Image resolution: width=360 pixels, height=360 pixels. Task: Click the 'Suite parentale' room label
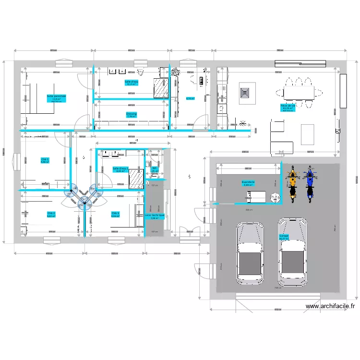tap(56, 96)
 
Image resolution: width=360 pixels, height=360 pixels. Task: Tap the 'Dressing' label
tap(132, 114)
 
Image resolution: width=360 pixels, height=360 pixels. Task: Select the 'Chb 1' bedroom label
tap(45, 159)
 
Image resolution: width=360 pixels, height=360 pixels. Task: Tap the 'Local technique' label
tap(155, 216)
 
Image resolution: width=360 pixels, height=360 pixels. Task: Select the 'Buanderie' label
tap(248, 182)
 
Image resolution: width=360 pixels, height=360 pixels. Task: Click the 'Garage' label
tap(284, 236)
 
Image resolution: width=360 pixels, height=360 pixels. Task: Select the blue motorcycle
tap(310, 182)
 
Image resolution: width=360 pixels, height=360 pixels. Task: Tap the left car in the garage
tap(249, 253)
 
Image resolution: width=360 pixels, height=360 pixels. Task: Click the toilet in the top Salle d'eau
tap(140, 72)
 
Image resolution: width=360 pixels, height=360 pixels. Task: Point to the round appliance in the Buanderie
tap(275, 197)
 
